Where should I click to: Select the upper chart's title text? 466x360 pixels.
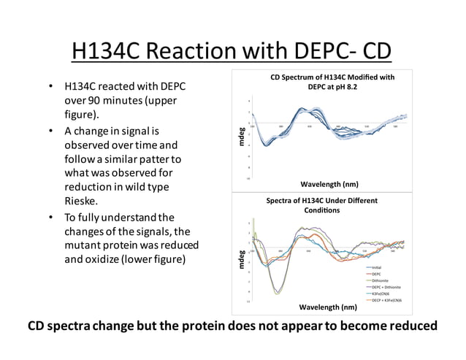point(332,82)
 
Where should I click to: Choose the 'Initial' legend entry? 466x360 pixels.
point(377,267)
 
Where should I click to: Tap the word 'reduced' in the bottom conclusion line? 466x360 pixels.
point(405,326)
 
